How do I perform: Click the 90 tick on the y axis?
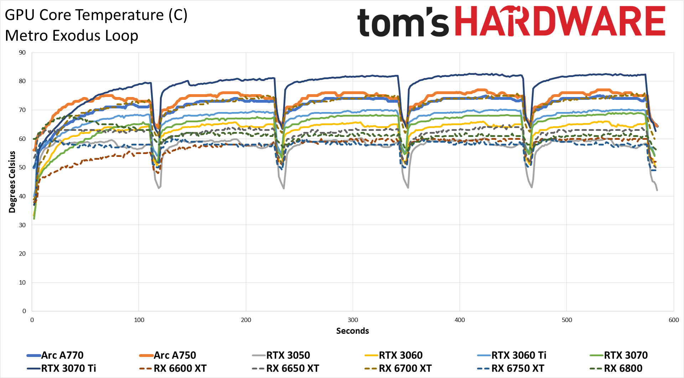point(22,53)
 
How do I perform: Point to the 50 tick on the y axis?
point(22,168)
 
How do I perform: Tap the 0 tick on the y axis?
point(24,311)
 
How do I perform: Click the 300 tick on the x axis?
point(353,320)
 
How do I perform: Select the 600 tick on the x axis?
point(673,320)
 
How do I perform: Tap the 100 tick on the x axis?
point(139,320)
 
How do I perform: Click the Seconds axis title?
point(352,331)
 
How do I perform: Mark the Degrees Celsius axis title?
point(12,182)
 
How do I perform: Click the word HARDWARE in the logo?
point(560,21)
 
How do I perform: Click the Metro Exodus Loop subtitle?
point(72,36)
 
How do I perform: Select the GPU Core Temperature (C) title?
point(96,15)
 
